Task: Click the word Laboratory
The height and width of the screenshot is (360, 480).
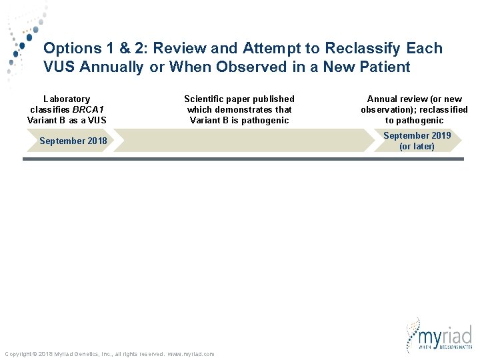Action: [x=67, y=99]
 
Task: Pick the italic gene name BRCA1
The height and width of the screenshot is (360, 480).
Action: [x=89, y=109]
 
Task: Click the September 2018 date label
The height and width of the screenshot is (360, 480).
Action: [x=73, y=141]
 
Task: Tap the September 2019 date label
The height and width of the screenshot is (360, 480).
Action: [x=417, y=135]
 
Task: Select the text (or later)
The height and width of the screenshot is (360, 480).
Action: [x=417, y=146]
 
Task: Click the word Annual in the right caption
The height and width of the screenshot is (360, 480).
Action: [x=383, y=99]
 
